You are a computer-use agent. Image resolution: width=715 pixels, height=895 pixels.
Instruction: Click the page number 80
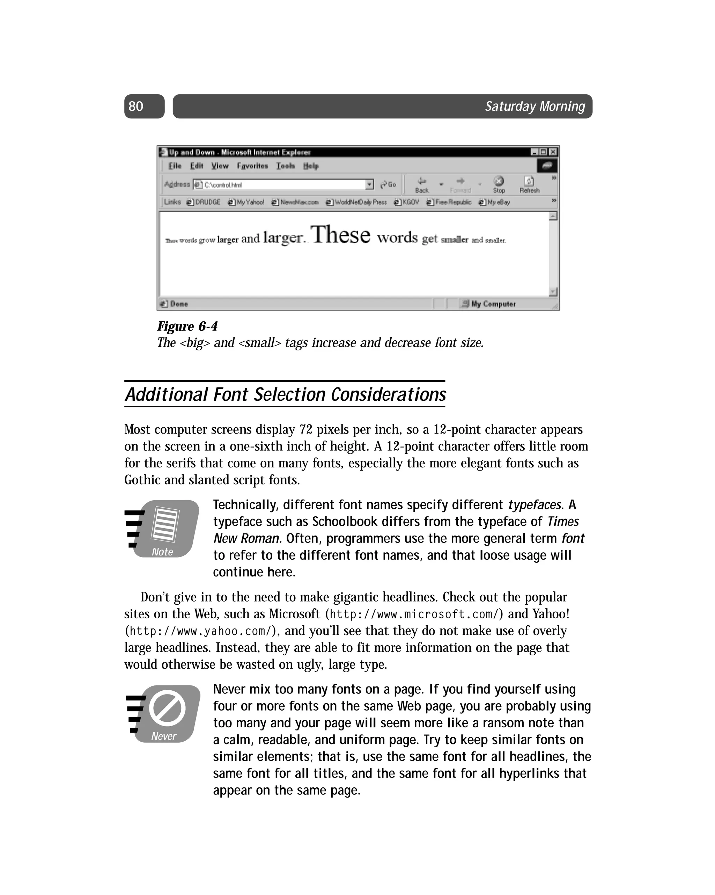click(136, 106)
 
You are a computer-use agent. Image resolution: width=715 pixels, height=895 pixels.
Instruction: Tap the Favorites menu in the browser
click(252, 166)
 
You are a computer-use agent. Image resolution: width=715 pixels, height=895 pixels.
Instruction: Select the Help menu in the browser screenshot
click(310, 166)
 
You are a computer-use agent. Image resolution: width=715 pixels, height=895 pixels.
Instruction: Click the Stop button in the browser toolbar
click(499, 184)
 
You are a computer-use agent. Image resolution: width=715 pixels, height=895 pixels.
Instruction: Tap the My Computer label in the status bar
click(493, 304)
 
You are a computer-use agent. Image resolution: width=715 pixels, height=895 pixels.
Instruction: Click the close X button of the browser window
click(553, 152)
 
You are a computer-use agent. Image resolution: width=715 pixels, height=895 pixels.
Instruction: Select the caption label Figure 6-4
click(187, 327)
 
